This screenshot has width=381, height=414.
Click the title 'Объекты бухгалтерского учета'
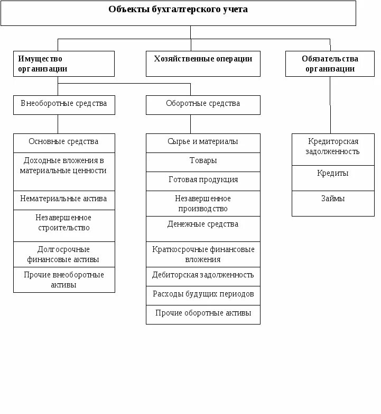(x=178, y=10)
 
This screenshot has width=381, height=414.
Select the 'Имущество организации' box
(x=63, y=64)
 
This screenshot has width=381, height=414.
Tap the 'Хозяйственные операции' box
(x=203, y=63)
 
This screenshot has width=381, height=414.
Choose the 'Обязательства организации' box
(x=330, y=64)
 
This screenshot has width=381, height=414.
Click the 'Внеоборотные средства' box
(x=63, y=104)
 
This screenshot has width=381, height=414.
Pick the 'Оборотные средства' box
(x=203, y=104)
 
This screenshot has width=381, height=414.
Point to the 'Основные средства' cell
(x=63, y=142)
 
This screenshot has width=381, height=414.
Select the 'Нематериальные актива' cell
(x=63, y=200)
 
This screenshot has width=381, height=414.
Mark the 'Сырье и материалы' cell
(x=203, y=142)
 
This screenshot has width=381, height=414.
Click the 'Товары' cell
(x=203, y=161)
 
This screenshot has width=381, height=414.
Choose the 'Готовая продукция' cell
(x=203, y=181)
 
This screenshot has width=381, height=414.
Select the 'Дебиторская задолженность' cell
(x=203, y=276)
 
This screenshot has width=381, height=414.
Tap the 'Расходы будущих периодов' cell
(x=203, y=295)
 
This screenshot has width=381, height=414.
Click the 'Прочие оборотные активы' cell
(x=203, y=314)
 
